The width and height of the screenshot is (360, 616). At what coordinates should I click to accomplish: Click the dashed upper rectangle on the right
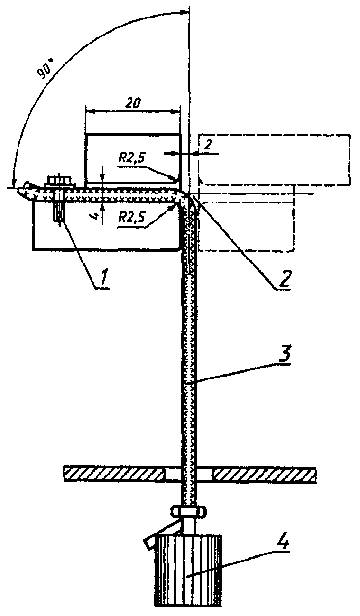click(274, 159)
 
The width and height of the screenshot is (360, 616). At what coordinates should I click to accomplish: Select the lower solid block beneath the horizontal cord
click(107, 225)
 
